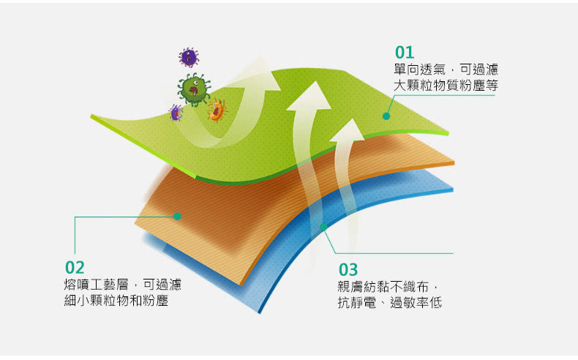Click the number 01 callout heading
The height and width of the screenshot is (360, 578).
405,53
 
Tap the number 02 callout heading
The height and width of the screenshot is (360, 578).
75,268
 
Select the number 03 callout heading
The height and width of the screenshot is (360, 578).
348,270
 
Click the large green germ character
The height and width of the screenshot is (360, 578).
194,89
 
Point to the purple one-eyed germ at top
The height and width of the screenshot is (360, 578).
189,57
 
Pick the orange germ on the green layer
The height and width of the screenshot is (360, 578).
217,110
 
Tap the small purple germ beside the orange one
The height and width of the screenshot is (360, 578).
176,113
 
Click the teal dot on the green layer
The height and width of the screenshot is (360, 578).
386,116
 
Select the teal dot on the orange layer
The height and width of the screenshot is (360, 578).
177,217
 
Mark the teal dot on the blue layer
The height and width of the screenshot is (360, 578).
323,227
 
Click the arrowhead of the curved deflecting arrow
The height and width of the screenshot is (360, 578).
262,74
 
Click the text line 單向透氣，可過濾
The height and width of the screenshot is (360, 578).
446,70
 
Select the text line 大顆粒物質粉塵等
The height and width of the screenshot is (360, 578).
446,86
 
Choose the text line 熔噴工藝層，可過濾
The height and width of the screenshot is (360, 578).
123,285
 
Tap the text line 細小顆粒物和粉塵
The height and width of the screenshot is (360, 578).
116,301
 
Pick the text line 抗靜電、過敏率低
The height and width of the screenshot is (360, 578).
390,303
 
